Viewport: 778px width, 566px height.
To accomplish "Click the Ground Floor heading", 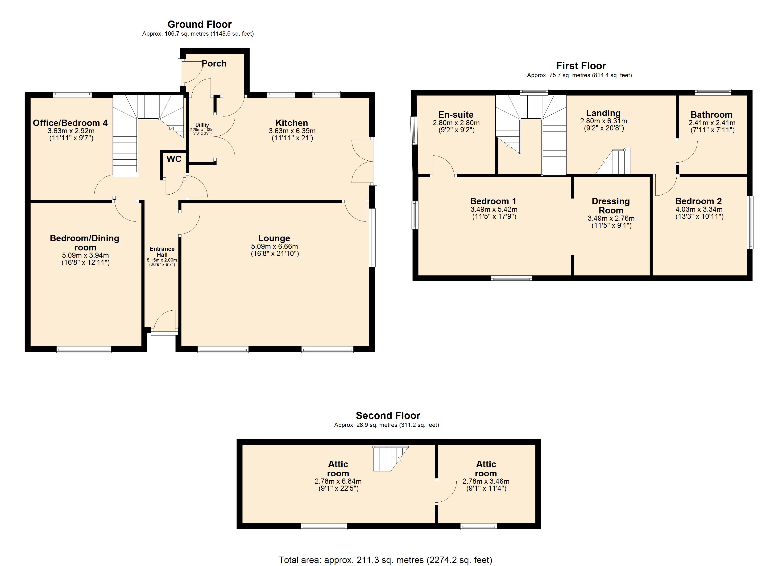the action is (x=199, y=24).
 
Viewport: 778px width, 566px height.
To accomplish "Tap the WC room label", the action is (x=174, y=159).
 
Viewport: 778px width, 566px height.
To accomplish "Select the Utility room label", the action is (x=202, y=125).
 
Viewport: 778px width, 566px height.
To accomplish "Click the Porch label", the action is (x=214, y=63).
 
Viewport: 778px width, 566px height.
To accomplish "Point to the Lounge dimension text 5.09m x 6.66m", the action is (x=274, y=246).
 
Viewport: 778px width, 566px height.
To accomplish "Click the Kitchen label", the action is (x=292, y=123).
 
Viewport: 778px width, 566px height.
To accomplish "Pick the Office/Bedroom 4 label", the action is (x=70, y=123).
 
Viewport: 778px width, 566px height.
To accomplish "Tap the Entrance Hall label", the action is (x=162, y=252).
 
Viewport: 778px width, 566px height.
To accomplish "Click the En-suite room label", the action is (x=456, y=115).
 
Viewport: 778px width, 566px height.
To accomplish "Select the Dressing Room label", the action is (x=611, y=206).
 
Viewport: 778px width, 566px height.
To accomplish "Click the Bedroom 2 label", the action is (x=699, y=201).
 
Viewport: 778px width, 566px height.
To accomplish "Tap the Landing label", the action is (x=603, y=113).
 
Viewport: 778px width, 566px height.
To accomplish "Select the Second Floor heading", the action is (x=388, y=416).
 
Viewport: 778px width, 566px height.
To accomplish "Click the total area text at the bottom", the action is (x=385, y=560).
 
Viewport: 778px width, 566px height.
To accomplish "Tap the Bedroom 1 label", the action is (x=493, y=201).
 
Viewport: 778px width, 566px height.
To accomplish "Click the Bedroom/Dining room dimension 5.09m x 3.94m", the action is (x=85, y=255).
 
